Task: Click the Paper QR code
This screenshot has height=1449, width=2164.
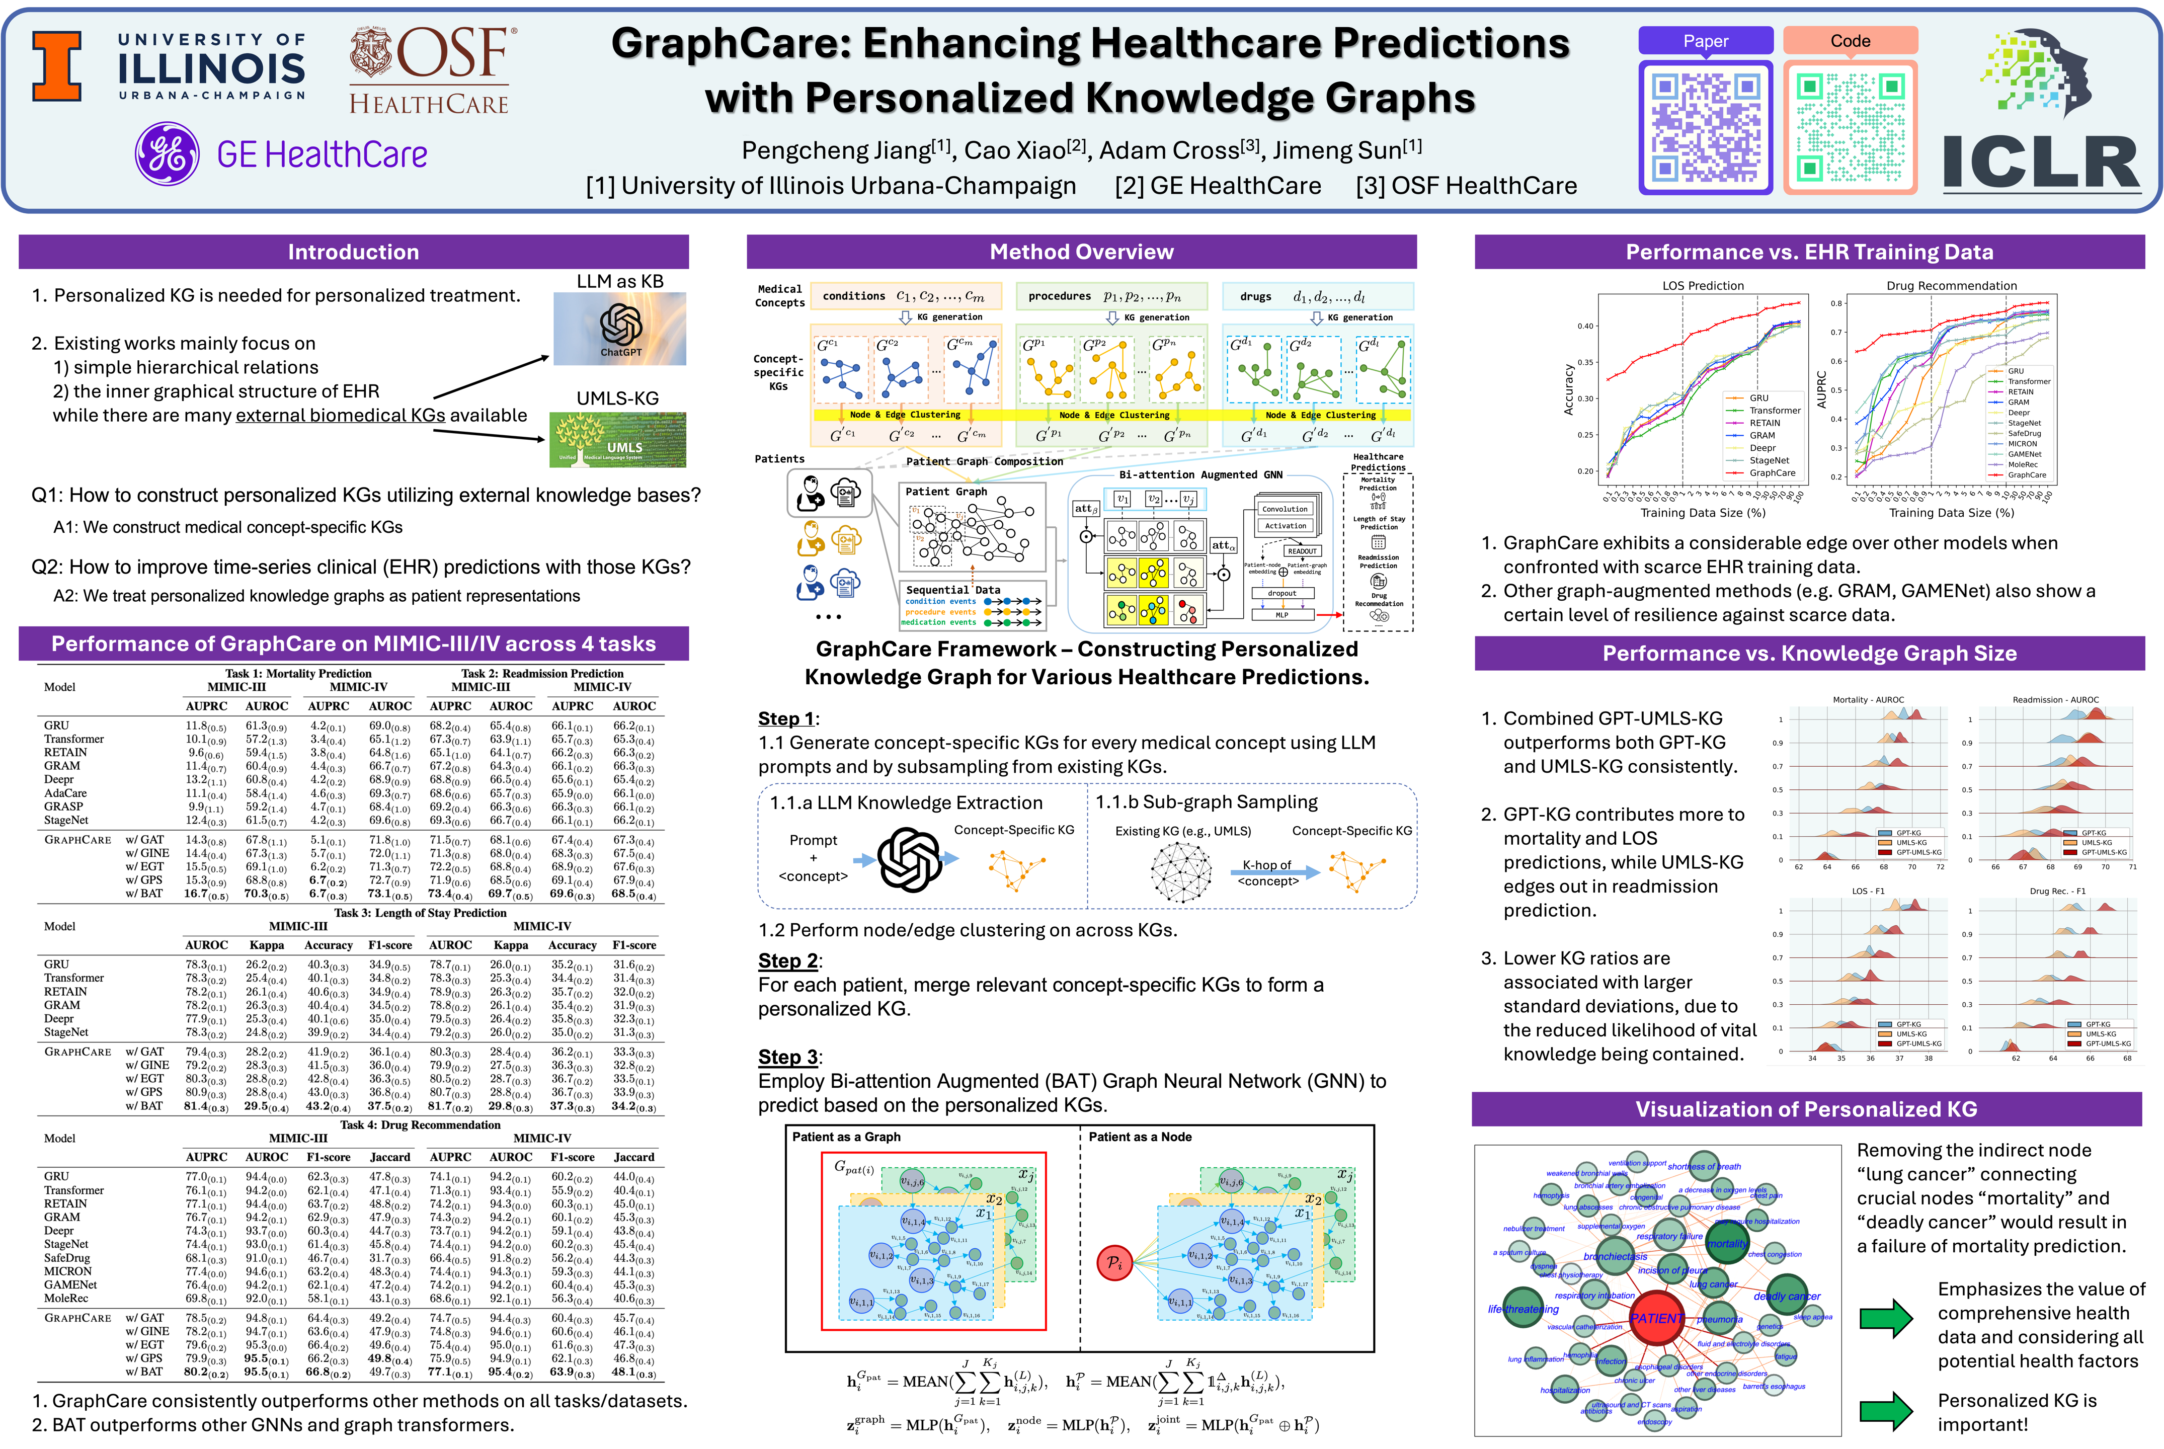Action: pyautogui.click(x=1705, y=127)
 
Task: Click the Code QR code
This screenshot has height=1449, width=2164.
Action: pyautogui.click(x=1850, y=127)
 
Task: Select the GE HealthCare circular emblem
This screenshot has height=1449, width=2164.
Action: pyautogui.click(x=167, y=153)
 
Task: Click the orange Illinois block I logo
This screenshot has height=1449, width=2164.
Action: pyautogui.click(x=57, y=65)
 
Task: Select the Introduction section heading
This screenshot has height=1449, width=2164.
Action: pyautogui.click(x=353, y=252)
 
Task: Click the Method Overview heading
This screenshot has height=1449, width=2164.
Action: pyautogui.click(x=1081, y=252)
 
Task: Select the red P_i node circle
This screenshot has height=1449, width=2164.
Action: pyautogui.click(x=1114, y=1262)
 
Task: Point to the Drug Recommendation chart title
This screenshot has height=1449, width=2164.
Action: pyautogui.click(x=1951, y=286)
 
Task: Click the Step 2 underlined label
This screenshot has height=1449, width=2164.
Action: pyautogui.click(x=788, y=961)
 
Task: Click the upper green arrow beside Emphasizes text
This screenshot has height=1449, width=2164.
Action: pyautogui.click(x=1884, y=1319)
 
